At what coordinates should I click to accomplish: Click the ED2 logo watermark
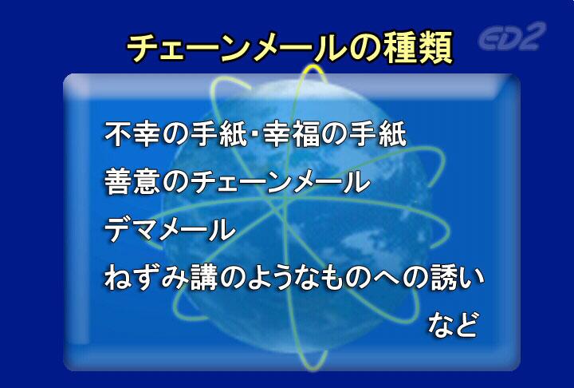click(512, 36)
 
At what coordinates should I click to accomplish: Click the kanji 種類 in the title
click(418, 48)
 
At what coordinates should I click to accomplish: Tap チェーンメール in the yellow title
click(236, 49)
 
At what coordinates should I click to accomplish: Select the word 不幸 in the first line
click(132, 134)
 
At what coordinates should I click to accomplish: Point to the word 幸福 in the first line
click(291, 134)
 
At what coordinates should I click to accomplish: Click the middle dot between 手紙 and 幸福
click(255, 134)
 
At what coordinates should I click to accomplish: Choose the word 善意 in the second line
click(132, 181)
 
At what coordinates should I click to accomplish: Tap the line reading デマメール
click(170, 230)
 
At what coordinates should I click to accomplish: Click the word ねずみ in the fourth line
click(147, 278)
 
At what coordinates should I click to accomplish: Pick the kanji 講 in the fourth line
click(204, 278)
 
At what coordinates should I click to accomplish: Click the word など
click(453, 325)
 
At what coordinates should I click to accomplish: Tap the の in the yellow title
click(364, 49)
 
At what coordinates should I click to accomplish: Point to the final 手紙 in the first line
click(377, 134)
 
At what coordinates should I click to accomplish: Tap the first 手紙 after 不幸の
click(219, 134)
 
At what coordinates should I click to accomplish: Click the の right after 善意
click(175, 182)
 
